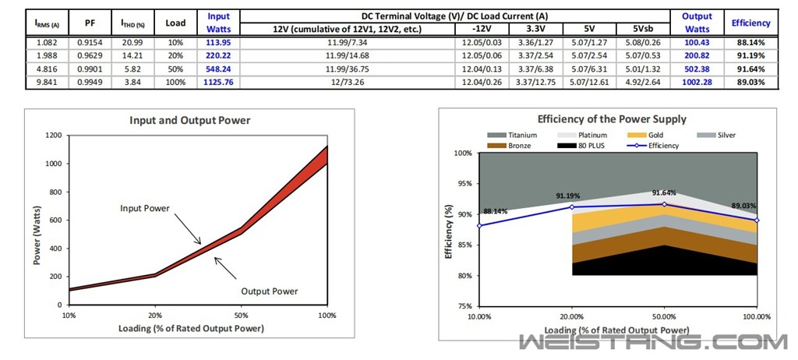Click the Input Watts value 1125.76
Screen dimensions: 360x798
click(x=219, y=82)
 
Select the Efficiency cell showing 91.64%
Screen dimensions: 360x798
click(x=751, y=69)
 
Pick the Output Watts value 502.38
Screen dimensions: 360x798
click(x=697, y=69)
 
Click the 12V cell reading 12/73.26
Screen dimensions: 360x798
click(x=347, y=82)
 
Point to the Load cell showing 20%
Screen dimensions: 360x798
click(x=175, y=55)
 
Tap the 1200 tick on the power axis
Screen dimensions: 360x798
click(x=53, y=136)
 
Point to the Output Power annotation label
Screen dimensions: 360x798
click(x=270, y=291)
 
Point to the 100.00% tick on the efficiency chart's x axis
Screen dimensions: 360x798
click(x=757, y=316)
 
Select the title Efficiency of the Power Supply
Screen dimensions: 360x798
click(x=612, y=119)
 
